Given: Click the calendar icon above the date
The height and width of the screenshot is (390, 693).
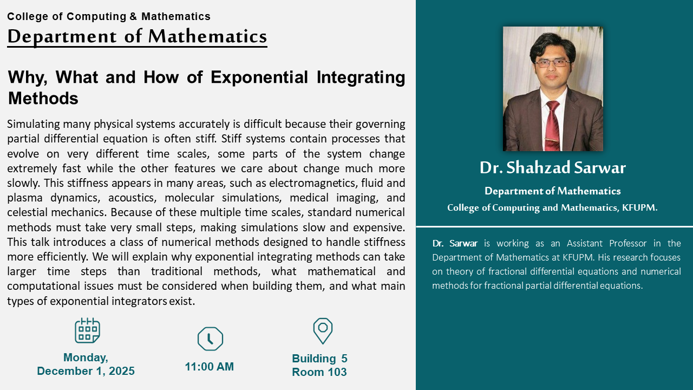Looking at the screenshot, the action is click(87, 330).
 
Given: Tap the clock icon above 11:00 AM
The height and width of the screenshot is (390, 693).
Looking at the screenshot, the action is click(210, 339).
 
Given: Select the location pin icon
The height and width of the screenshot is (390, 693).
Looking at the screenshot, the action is click(323, 330).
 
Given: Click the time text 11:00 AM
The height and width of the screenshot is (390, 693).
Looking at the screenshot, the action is click(209, 367).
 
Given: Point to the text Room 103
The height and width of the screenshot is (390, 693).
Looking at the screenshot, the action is click(319, 372).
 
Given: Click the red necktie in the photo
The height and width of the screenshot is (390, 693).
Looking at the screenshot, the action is click(553, 125).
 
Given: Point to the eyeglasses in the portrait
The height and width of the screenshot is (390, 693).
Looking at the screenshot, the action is click(553, 63).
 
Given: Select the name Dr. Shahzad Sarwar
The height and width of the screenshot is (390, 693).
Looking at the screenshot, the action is click(553, 168).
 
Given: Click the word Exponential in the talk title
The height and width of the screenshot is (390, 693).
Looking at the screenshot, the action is click(259, 77).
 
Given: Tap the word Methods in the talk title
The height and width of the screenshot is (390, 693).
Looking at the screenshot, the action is click(43, 99).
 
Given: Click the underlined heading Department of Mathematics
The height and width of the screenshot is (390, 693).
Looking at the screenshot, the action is click(137, 36).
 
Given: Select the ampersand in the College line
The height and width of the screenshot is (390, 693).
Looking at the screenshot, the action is click(133, 16).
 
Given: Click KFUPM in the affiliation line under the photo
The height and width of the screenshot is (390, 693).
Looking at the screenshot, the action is click(639, 207).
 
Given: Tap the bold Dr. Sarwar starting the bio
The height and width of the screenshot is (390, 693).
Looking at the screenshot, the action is click(455, 243).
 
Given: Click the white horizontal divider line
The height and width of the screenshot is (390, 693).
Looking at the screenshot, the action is click(554, 227).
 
